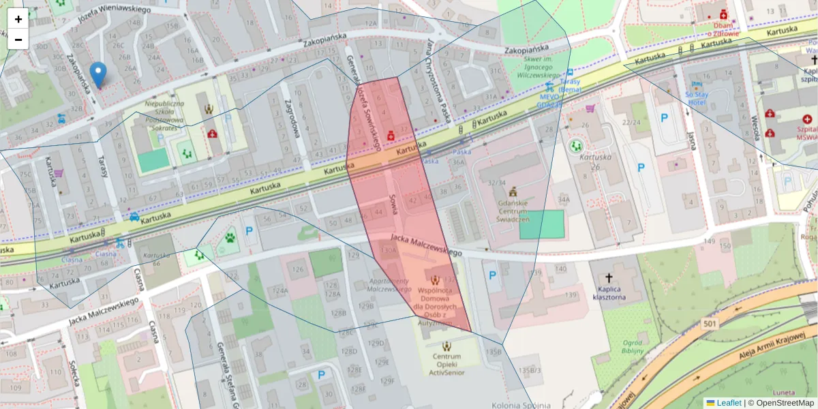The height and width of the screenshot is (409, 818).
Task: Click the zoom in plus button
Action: click(18, 19)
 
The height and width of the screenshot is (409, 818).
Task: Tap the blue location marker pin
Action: click(98, 74)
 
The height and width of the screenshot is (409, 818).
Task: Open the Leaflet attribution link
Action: click(728, 403)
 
